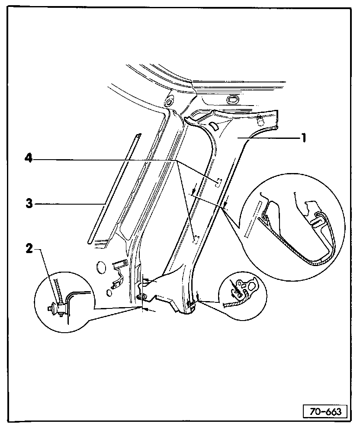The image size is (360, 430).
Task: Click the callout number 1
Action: coord(304,138)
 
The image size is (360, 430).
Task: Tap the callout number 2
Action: coord(29,249)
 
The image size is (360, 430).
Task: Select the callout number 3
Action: coord(29,203)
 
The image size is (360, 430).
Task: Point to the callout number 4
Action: coord(29,159)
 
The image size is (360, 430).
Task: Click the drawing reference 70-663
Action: coord(325,411)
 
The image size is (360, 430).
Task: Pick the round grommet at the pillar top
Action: coord(168,102)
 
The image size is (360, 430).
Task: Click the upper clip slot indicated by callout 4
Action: coord(219,182)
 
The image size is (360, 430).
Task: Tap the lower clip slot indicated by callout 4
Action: coord(196,238)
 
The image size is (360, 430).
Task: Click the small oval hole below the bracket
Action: coord(109,293)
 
